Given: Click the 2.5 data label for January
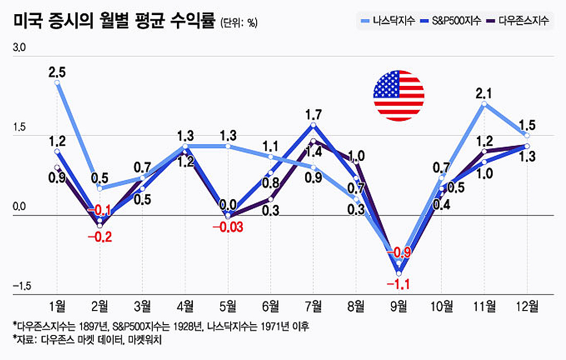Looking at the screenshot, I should click(57, 72).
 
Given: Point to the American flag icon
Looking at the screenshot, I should click(399, 96).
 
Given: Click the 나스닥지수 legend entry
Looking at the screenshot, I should click(387, 21).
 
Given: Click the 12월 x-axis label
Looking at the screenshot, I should click(526, 306).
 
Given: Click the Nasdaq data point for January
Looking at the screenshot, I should click(57, 83).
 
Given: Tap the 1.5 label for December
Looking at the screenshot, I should click(526, 125).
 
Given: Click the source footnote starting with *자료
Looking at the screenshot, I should click(87, 340).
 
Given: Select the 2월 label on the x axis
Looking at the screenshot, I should click(100, 306).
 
